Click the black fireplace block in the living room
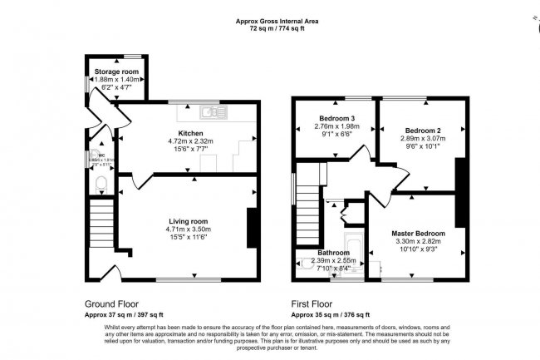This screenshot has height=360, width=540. (251, 228)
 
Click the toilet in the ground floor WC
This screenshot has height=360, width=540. (101, 182)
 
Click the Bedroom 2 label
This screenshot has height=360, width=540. (422, 131)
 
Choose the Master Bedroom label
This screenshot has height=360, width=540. (418, 234)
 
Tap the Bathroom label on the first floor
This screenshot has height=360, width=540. (332, 252)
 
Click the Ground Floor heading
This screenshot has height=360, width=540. (111, 304)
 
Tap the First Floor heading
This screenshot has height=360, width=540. (315, 304)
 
